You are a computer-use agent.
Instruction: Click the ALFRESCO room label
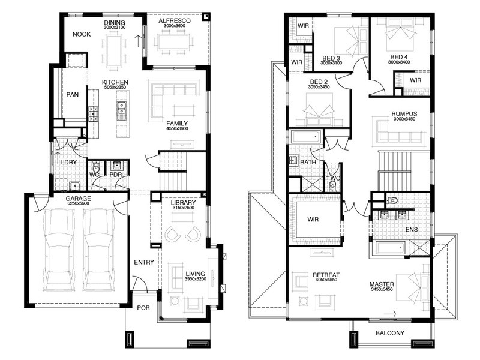(x=175, y=21)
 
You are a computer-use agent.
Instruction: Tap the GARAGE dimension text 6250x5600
(x=78, y=203)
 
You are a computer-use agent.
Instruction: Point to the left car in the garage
(x=59, y=250)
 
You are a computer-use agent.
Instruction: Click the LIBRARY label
(x=183, y=203)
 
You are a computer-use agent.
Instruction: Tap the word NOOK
(x=82, y=34)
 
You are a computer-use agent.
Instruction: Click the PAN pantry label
(x=73, y=95)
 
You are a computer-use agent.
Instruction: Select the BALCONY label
(x=389, y=333)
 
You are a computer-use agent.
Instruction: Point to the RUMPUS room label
(x=404, y=114)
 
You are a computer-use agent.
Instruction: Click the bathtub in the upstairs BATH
(x=306, y=137)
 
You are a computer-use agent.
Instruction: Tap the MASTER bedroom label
(x=382, y=284)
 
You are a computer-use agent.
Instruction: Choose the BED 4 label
(x=399, y=57)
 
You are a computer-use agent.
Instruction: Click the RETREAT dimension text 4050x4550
(x=326, y=280)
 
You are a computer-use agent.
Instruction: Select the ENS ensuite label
(x=412, y=229)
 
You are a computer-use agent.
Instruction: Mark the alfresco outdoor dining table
(x=174, y=41)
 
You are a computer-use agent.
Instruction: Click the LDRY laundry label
(x=68, y=162)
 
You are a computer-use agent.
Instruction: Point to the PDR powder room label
(x=116, y=175)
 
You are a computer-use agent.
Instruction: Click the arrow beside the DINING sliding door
(x=139, y=41)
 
